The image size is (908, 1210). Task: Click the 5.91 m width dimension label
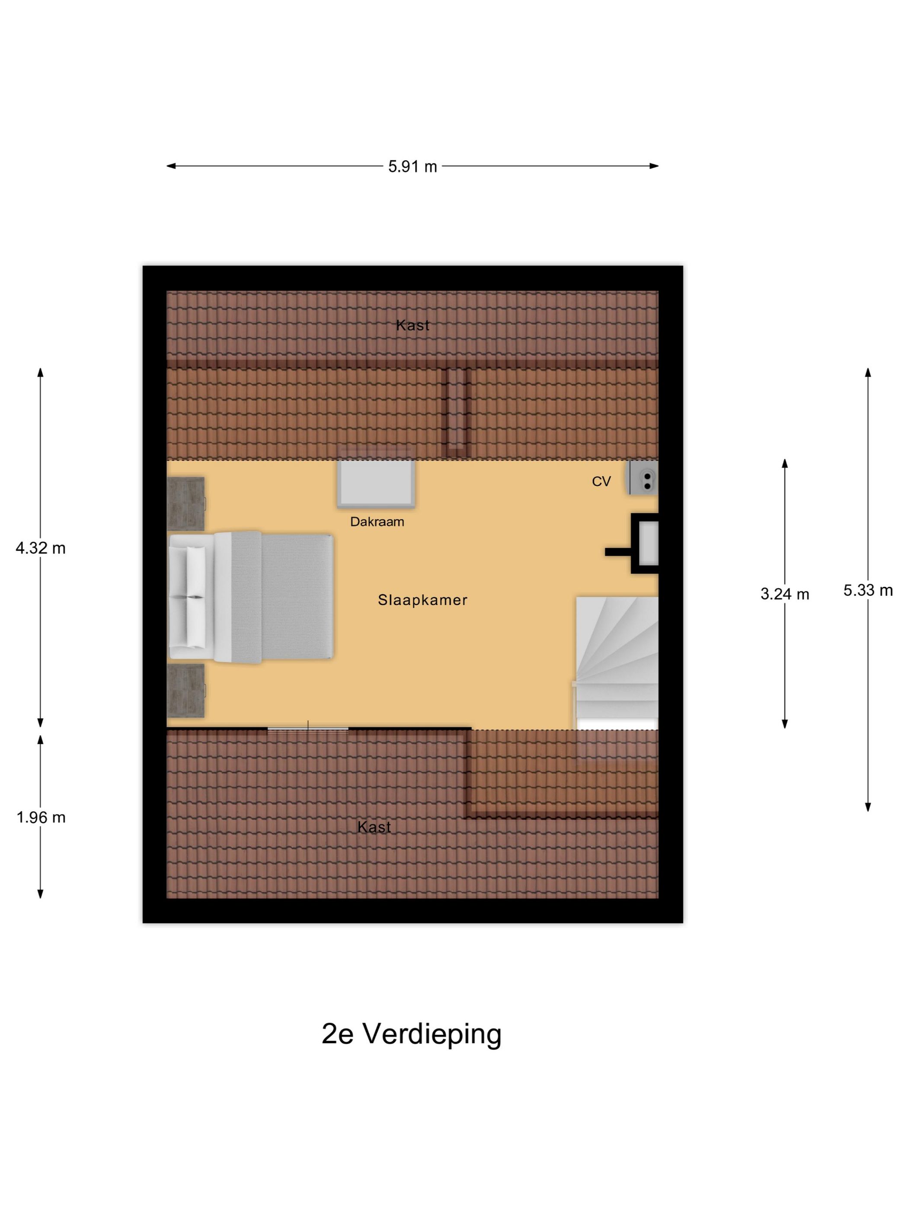[x=412, y=166]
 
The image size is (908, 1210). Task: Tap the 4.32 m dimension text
[x=41, y=548]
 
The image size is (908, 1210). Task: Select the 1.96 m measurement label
[x=41, y=817]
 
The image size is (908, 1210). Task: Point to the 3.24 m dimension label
[x=784, y=594]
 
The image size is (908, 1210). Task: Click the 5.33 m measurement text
[x=867, y=590]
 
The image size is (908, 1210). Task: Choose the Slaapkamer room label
[x=422, y=600]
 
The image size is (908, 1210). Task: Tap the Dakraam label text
[x=377, y=522]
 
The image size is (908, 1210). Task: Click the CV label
[x=601, y=481]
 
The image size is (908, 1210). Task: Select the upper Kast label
[x=412, y=325]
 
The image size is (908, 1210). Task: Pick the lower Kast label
[x=374, y=827]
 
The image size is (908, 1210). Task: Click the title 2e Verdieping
[x=411, y=1033]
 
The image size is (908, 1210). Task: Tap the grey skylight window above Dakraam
[x=375, y=482]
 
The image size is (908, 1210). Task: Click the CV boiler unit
[x=644, y=477]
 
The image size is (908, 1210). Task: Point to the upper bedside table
[x=185, y=503]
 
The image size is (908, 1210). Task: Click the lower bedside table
[x=185, y=690]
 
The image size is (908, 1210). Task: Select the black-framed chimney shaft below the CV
[x=646, y=543]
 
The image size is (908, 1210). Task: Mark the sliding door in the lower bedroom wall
[x=307, y=728]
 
